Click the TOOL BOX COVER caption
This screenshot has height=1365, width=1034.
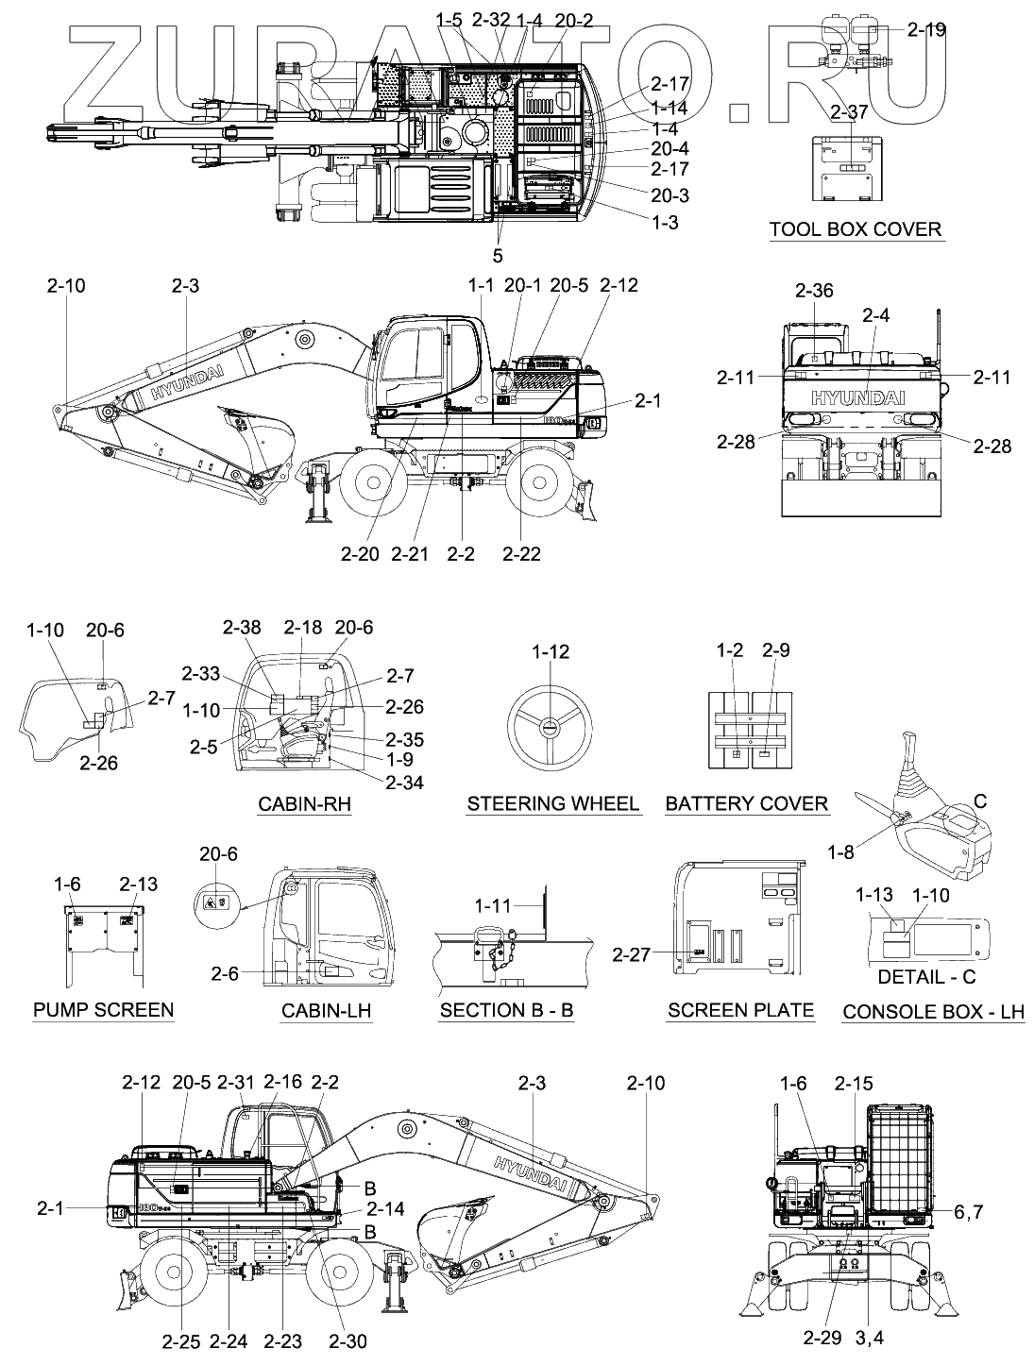coord(855,229)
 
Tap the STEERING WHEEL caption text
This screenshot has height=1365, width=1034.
coord(553,804)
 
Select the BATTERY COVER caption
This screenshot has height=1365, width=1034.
coord(746,804)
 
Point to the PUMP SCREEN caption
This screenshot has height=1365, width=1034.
coord(104,1010)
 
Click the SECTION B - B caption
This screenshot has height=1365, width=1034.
coord(507,1010)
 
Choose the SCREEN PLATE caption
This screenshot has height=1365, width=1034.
coord(740,1010)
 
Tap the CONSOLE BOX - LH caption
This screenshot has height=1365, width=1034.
coord(933,1012)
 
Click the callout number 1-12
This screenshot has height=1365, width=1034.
coord(551,652)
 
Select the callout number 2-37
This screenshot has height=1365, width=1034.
coord(849,112)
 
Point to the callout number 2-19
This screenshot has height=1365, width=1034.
coord(926,30)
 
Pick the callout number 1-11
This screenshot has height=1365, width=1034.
coord(494,906)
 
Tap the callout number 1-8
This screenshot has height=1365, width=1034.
coord(840,852)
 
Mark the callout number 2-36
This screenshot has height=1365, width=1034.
coord(814,291)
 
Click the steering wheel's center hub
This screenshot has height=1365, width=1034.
coord(551,727)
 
